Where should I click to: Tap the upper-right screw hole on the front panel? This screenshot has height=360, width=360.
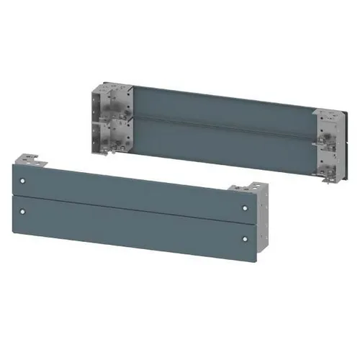[x=246, y=209]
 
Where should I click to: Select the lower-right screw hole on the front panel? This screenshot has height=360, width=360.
[x=246, y=240]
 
